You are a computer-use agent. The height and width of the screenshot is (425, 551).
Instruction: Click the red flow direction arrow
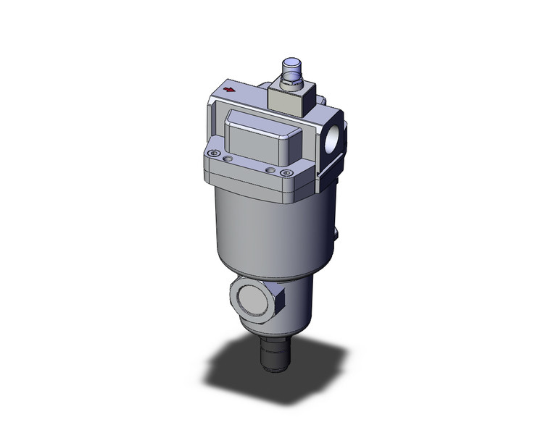click(x=231, y=91)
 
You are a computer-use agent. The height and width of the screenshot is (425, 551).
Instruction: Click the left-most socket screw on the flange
click(x=212, y=154)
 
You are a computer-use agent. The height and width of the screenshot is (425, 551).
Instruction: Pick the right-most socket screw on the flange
click(x=289, y=173)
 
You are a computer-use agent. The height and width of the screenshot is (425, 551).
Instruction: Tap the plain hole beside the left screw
click(x=229, y=159)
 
